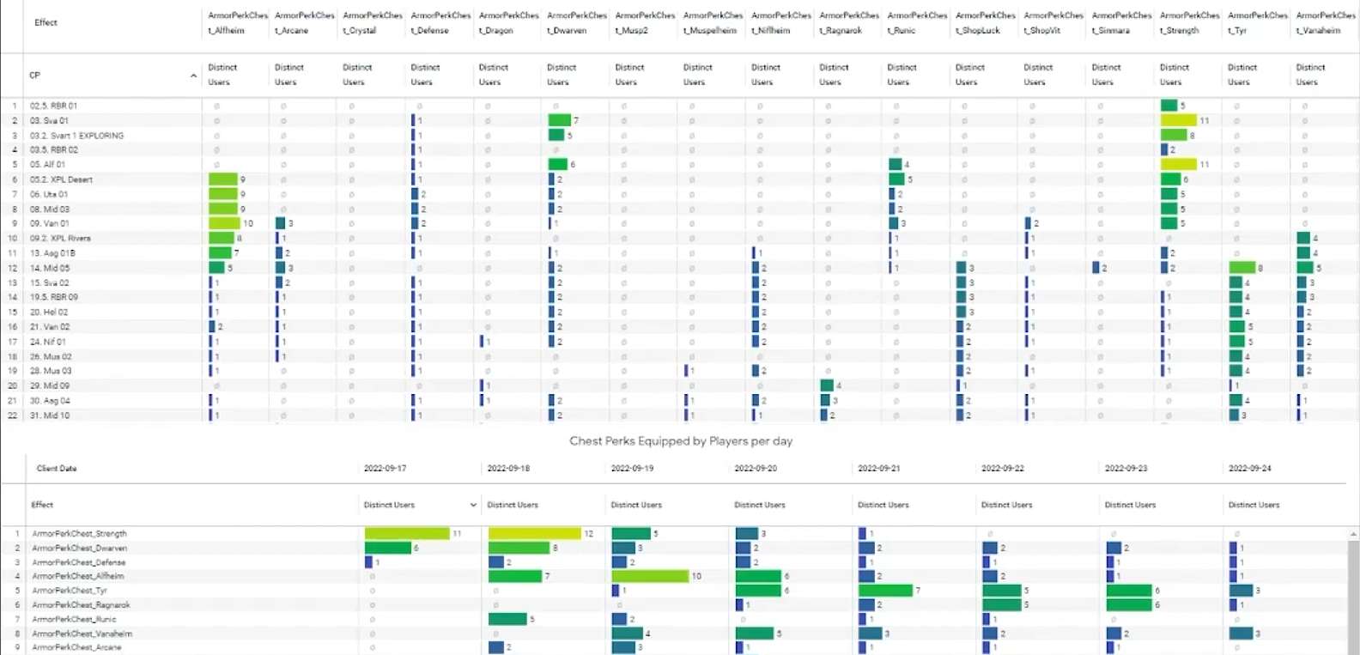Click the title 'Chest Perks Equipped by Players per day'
point(681,441)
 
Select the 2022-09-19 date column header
point(632,469)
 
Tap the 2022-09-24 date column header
point(1249,469)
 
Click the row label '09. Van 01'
point(49,223)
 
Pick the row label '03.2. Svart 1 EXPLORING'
point(76,136)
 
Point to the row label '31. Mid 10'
point(50,415)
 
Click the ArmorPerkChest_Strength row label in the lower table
point(79,534)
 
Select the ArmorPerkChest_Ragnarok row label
point(81,605)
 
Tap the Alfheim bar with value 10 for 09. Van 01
point(224,223)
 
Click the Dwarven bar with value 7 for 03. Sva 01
point(559,120)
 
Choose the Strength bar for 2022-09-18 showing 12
point(534,534)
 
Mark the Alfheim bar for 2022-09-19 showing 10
point(650,576)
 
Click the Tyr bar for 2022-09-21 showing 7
point(885,591)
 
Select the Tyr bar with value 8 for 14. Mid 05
point(1242,268)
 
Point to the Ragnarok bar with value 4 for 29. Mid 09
point(827,385)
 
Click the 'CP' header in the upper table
point(35,76)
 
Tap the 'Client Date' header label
point(57,469)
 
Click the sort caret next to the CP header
point(193,76)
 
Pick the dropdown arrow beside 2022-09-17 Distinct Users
point(472,505)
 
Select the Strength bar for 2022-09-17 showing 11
point(407,534)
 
